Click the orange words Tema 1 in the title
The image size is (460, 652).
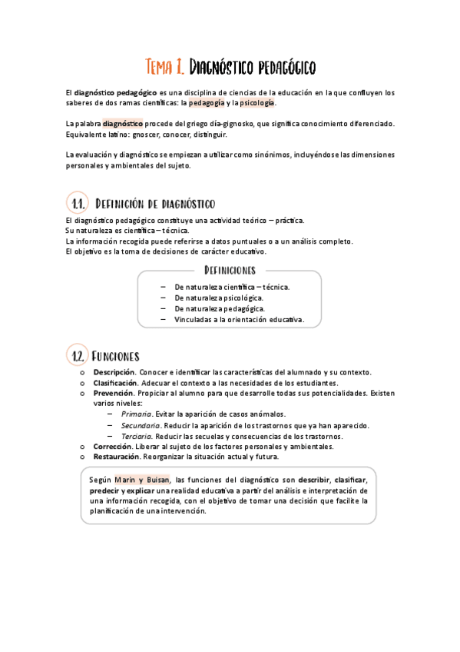pos(164,67)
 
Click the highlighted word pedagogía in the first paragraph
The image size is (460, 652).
pos(207,103)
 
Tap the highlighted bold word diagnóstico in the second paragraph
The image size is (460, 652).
pos(123,123)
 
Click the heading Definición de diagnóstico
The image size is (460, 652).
pos(154,204)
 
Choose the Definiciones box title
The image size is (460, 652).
pos(230,270)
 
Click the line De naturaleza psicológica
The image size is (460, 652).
pos(219,298)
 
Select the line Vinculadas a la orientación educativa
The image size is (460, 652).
pos(239,320)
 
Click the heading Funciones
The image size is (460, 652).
pos(115,356)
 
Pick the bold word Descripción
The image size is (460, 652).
pos(114,372)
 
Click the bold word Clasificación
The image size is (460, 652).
pos(116,383)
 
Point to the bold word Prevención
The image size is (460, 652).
pos(114,393)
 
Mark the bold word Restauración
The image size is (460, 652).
pos(117,457)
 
